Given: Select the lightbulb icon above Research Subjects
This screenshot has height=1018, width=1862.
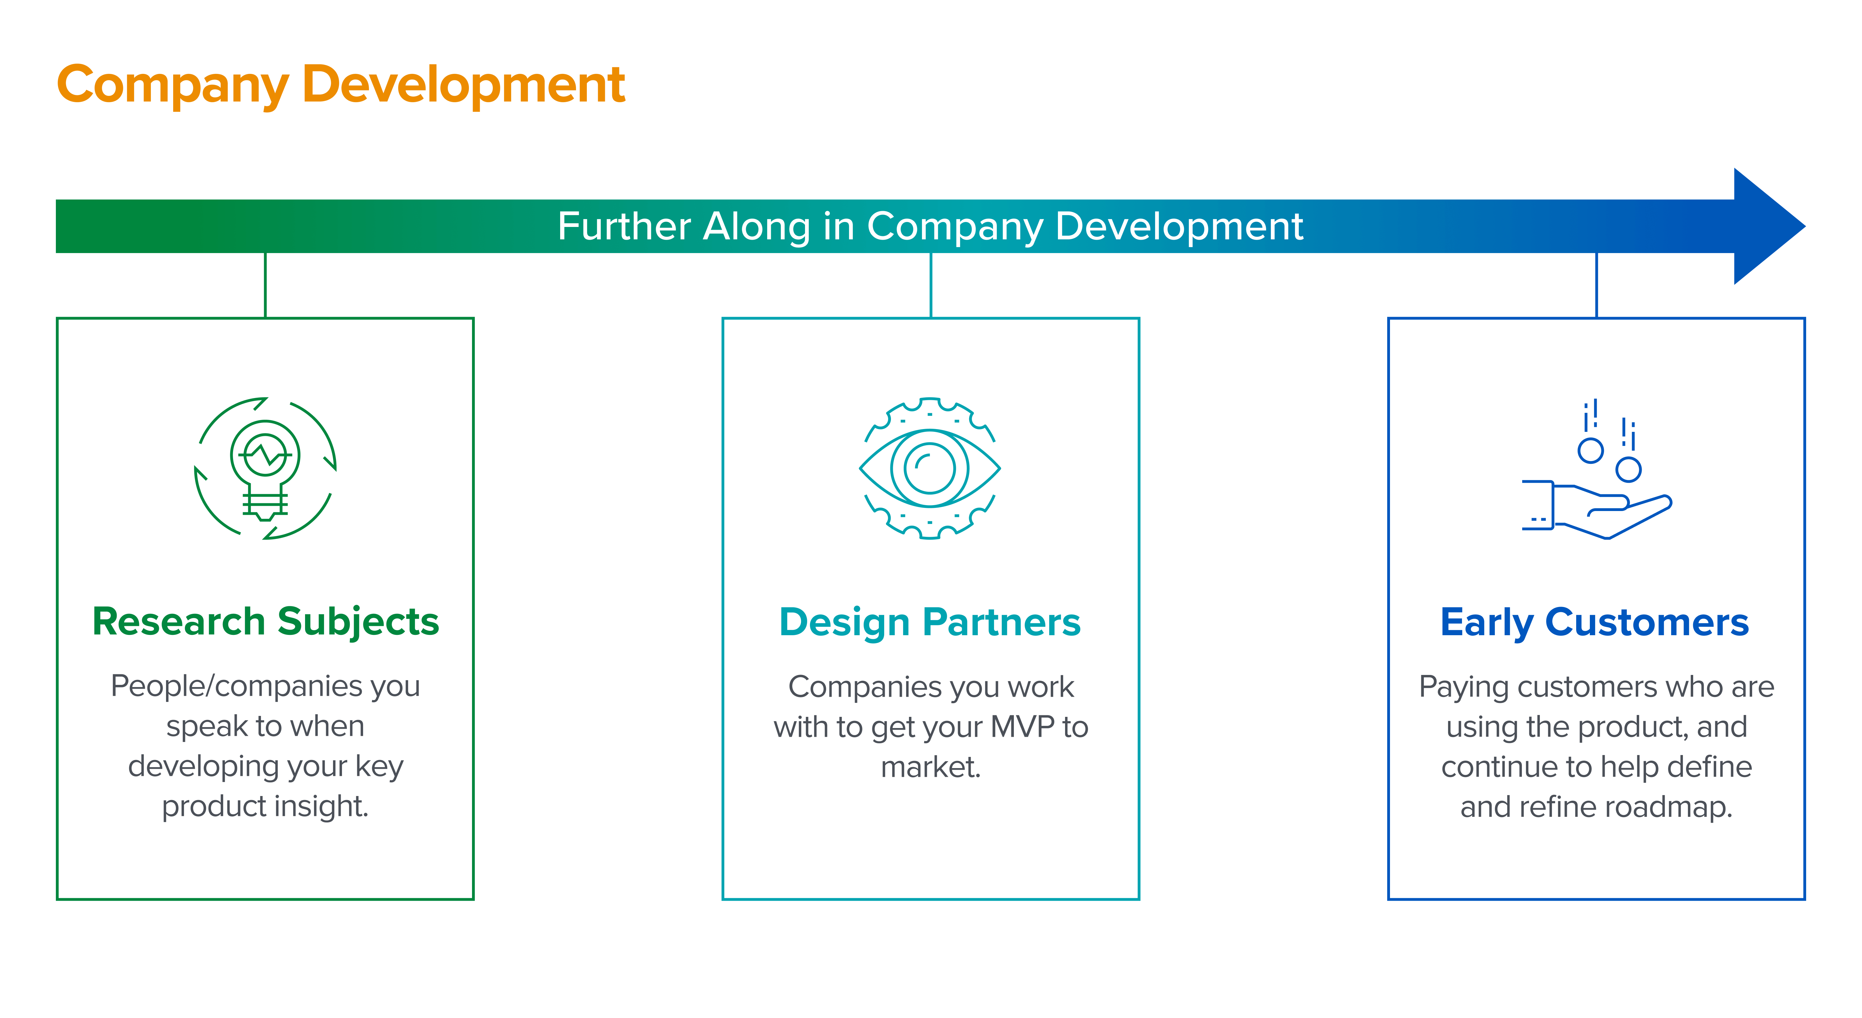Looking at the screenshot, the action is click(x=265, y=468).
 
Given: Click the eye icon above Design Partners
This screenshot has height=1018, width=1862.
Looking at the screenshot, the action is click(x=930, y=468).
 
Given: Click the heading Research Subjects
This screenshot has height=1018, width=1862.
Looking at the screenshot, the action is click(x=265, y=622).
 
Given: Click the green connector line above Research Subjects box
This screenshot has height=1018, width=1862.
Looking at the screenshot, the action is click(x=265, y=285).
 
